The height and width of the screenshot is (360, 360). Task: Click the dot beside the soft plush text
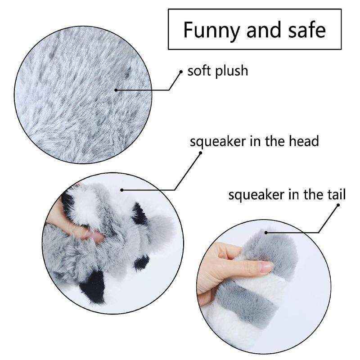[x=181, y=72]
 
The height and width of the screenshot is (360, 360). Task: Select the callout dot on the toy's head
[x=122, y=189]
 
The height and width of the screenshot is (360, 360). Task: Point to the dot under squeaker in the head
[x=201, y=152]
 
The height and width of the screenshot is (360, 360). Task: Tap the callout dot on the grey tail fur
[x=266, y=233]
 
